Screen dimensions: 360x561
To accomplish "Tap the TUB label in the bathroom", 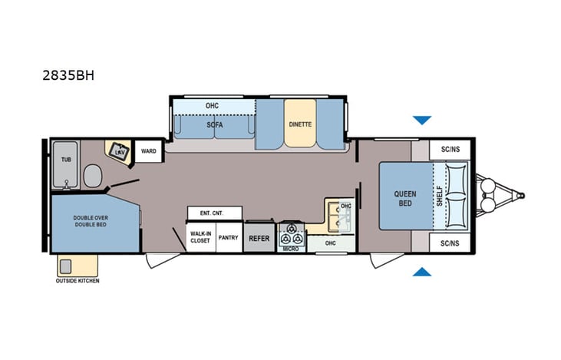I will click(x=67, y=160).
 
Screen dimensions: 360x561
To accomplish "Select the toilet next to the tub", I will click(x=93, y=175).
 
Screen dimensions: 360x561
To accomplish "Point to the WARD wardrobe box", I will click(x=148, y=151).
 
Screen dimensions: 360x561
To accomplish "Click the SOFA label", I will click(x=214, y=124).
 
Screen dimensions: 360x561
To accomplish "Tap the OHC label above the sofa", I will click(x=213, y=105).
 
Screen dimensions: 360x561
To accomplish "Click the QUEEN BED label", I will click(x=406, y=198).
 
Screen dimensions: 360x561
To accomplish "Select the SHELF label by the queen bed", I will click(x=439, y=198).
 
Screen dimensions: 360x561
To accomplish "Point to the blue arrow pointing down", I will click(x=422, y=121).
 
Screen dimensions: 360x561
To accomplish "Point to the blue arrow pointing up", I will click(x=422, y=272).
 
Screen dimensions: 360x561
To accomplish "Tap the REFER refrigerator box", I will click(x=259, y=238).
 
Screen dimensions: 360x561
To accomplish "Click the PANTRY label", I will click(x=229, y=238).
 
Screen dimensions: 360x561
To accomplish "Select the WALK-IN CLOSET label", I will click(x=200, y=238).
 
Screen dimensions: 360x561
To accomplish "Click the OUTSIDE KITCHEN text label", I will click(x=78, y=281).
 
